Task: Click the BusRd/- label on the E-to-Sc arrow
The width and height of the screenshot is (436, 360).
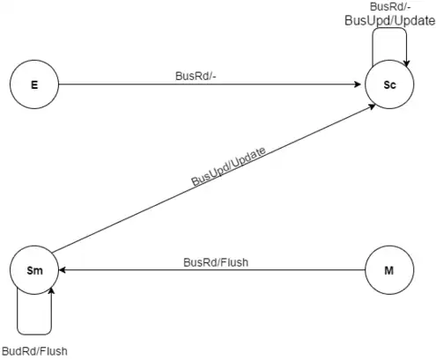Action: click(x=196, y=76)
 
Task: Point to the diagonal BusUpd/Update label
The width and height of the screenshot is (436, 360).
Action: click(x=228, y=166)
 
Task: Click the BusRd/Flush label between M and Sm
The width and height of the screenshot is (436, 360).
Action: click(x=216, y=262)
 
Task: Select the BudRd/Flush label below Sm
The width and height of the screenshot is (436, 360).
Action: click(x=34, y=351)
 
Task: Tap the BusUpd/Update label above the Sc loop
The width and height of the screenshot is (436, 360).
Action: click(x=390, y=21)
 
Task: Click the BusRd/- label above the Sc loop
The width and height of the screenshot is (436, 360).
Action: click(x=390, y=6)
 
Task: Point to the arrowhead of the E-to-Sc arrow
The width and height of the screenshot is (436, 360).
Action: click(x=358, y=84)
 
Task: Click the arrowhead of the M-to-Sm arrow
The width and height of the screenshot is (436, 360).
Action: click(x=63, y=270)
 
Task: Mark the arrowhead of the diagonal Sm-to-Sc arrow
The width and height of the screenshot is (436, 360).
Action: click(x=372, y=107)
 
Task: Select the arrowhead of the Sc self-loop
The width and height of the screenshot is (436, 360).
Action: click(x=406, y=63)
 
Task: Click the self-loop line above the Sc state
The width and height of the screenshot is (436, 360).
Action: click(x=389, y=28)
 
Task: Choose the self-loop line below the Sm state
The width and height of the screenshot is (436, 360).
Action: click(x=34, y=334)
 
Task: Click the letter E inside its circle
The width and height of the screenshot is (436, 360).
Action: click(x=34, y=84)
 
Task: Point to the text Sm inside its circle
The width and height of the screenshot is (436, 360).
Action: click(x=34, y=270)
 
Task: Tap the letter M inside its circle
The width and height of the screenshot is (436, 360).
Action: click(x=389, y=270)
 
